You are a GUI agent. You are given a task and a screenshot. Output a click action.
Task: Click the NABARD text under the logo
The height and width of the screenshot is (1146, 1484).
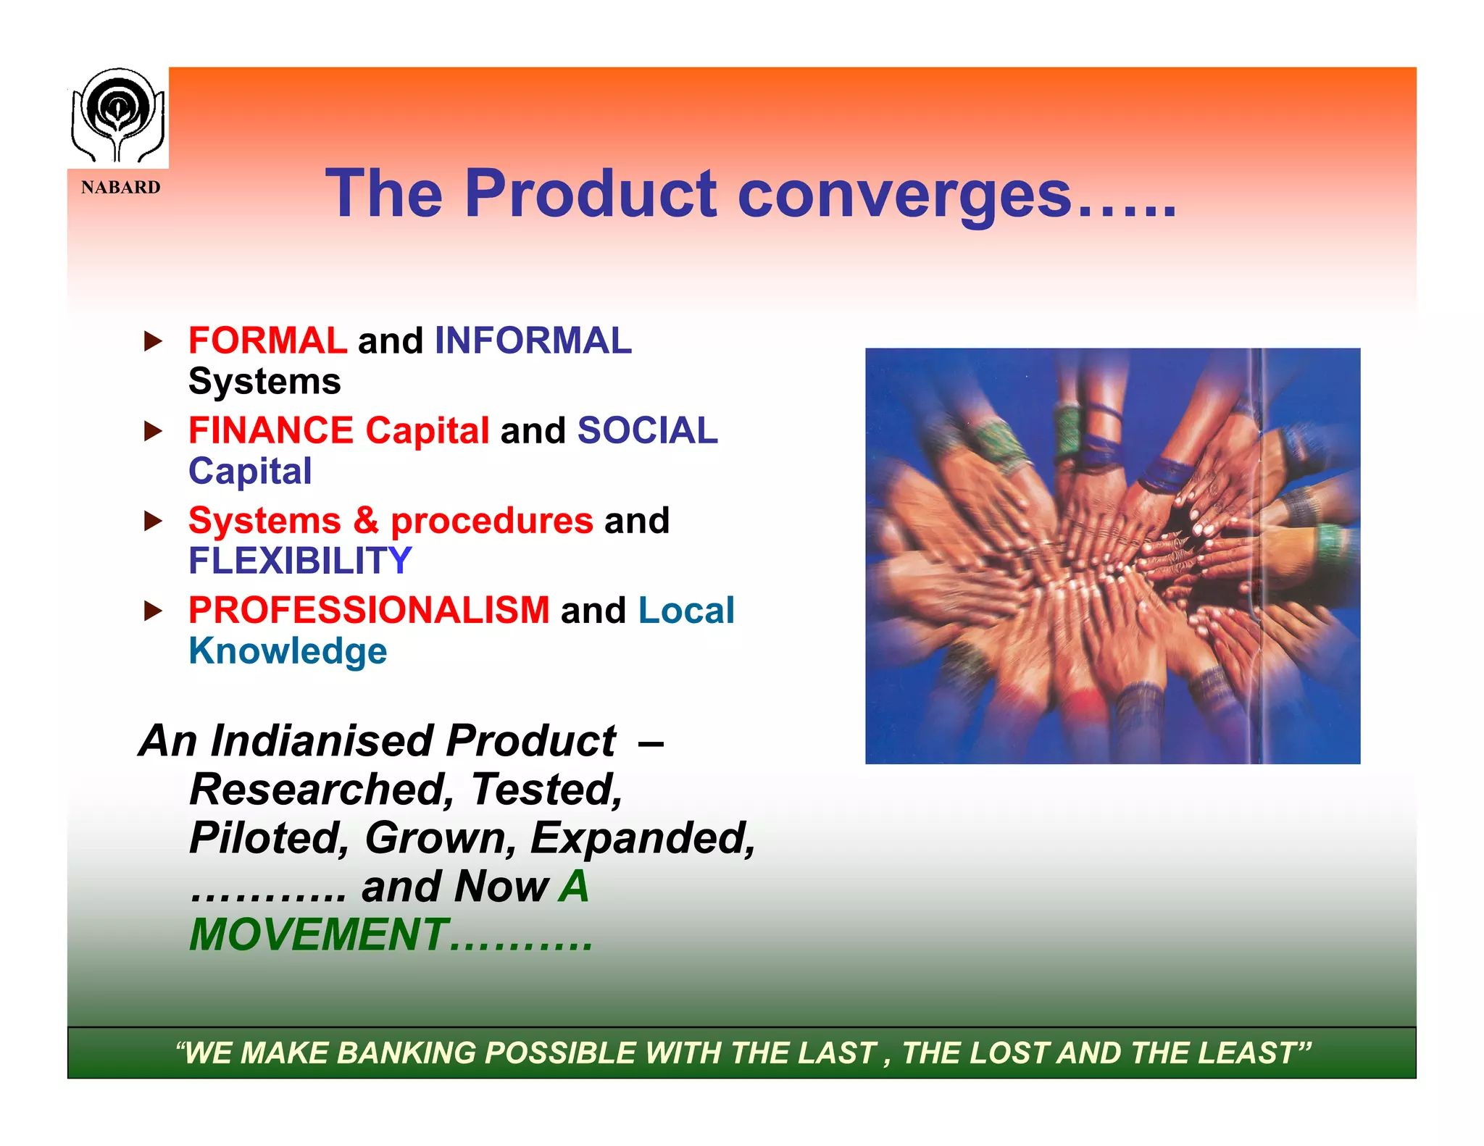click(120, 188)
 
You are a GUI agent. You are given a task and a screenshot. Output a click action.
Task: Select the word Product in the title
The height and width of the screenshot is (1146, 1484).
click(591, 193)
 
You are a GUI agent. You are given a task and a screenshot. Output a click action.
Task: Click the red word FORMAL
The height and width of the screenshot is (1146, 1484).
click(267, 340)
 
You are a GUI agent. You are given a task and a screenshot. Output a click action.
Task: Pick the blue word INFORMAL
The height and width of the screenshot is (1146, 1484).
click(533, 340)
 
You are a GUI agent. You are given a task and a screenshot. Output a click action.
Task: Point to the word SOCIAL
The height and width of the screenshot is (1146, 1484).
click(647, 430)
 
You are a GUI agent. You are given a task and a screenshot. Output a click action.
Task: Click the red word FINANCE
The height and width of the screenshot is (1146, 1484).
click(270, 430)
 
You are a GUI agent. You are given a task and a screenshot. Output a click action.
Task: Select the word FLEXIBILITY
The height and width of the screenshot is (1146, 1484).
click(300, 561)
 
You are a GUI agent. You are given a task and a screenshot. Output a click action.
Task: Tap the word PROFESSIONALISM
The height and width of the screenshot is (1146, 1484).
click(369, 610)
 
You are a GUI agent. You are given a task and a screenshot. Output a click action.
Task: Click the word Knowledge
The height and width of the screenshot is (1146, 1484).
click(288, 651)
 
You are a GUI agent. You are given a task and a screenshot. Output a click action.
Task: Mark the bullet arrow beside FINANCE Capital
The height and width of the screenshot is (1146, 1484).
click(153, 432)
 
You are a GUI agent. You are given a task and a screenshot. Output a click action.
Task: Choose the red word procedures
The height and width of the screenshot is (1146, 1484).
click(492, 521)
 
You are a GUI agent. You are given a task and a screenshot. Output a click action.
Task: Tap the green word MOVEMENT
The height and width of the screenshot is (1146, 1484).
click(319, 934)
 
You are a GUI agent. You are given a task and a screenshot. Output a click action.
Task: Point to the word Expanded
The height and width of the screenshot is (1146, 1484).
click(641, 838)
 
